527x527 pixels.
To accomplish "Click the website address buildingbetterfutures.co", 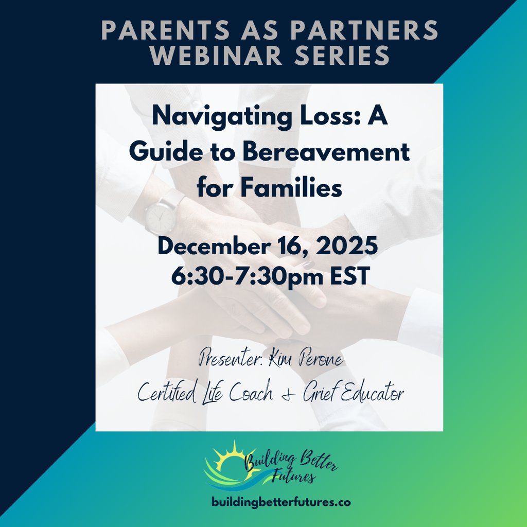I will tap(281, 502).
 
